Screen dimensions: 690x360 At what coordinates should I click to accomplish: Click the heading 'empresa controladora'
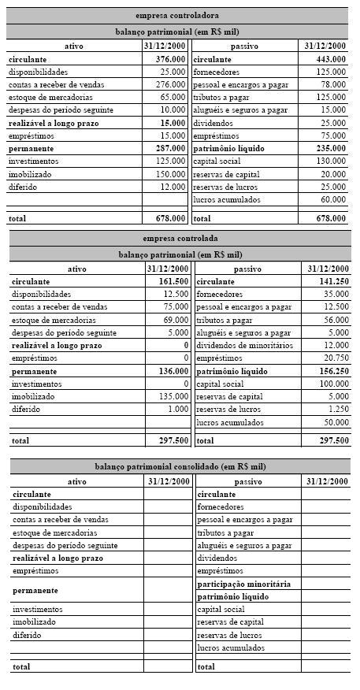pyautogui.click(x=177, y=15)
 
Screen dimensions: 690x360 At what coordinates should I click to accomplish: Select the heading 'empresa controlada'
pyautogui.click(x=180, y=238)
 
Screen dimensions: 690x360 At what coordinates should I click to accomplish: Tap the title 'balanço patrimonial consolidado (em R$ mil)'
pyautogui.click(x=180, y=466)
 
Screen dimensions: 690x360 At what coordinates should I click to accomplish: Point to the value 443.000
pyautogui.click(x=330, y=59)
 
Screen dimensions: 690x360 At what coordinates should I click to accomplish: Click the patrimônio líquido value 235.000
pyautogui.click(x=330, y=148)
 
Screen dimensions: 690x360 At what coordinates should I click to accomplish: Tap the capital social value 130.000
pyautogui.click(x=330, y=161)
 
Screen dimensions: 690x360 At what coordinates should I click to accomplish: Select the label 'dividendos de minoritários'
pyautogui.click(x=244, y=345)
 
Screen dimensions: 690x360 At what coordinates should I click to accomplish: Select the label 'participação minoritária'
pyautogui.click(x=243, y=584)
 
